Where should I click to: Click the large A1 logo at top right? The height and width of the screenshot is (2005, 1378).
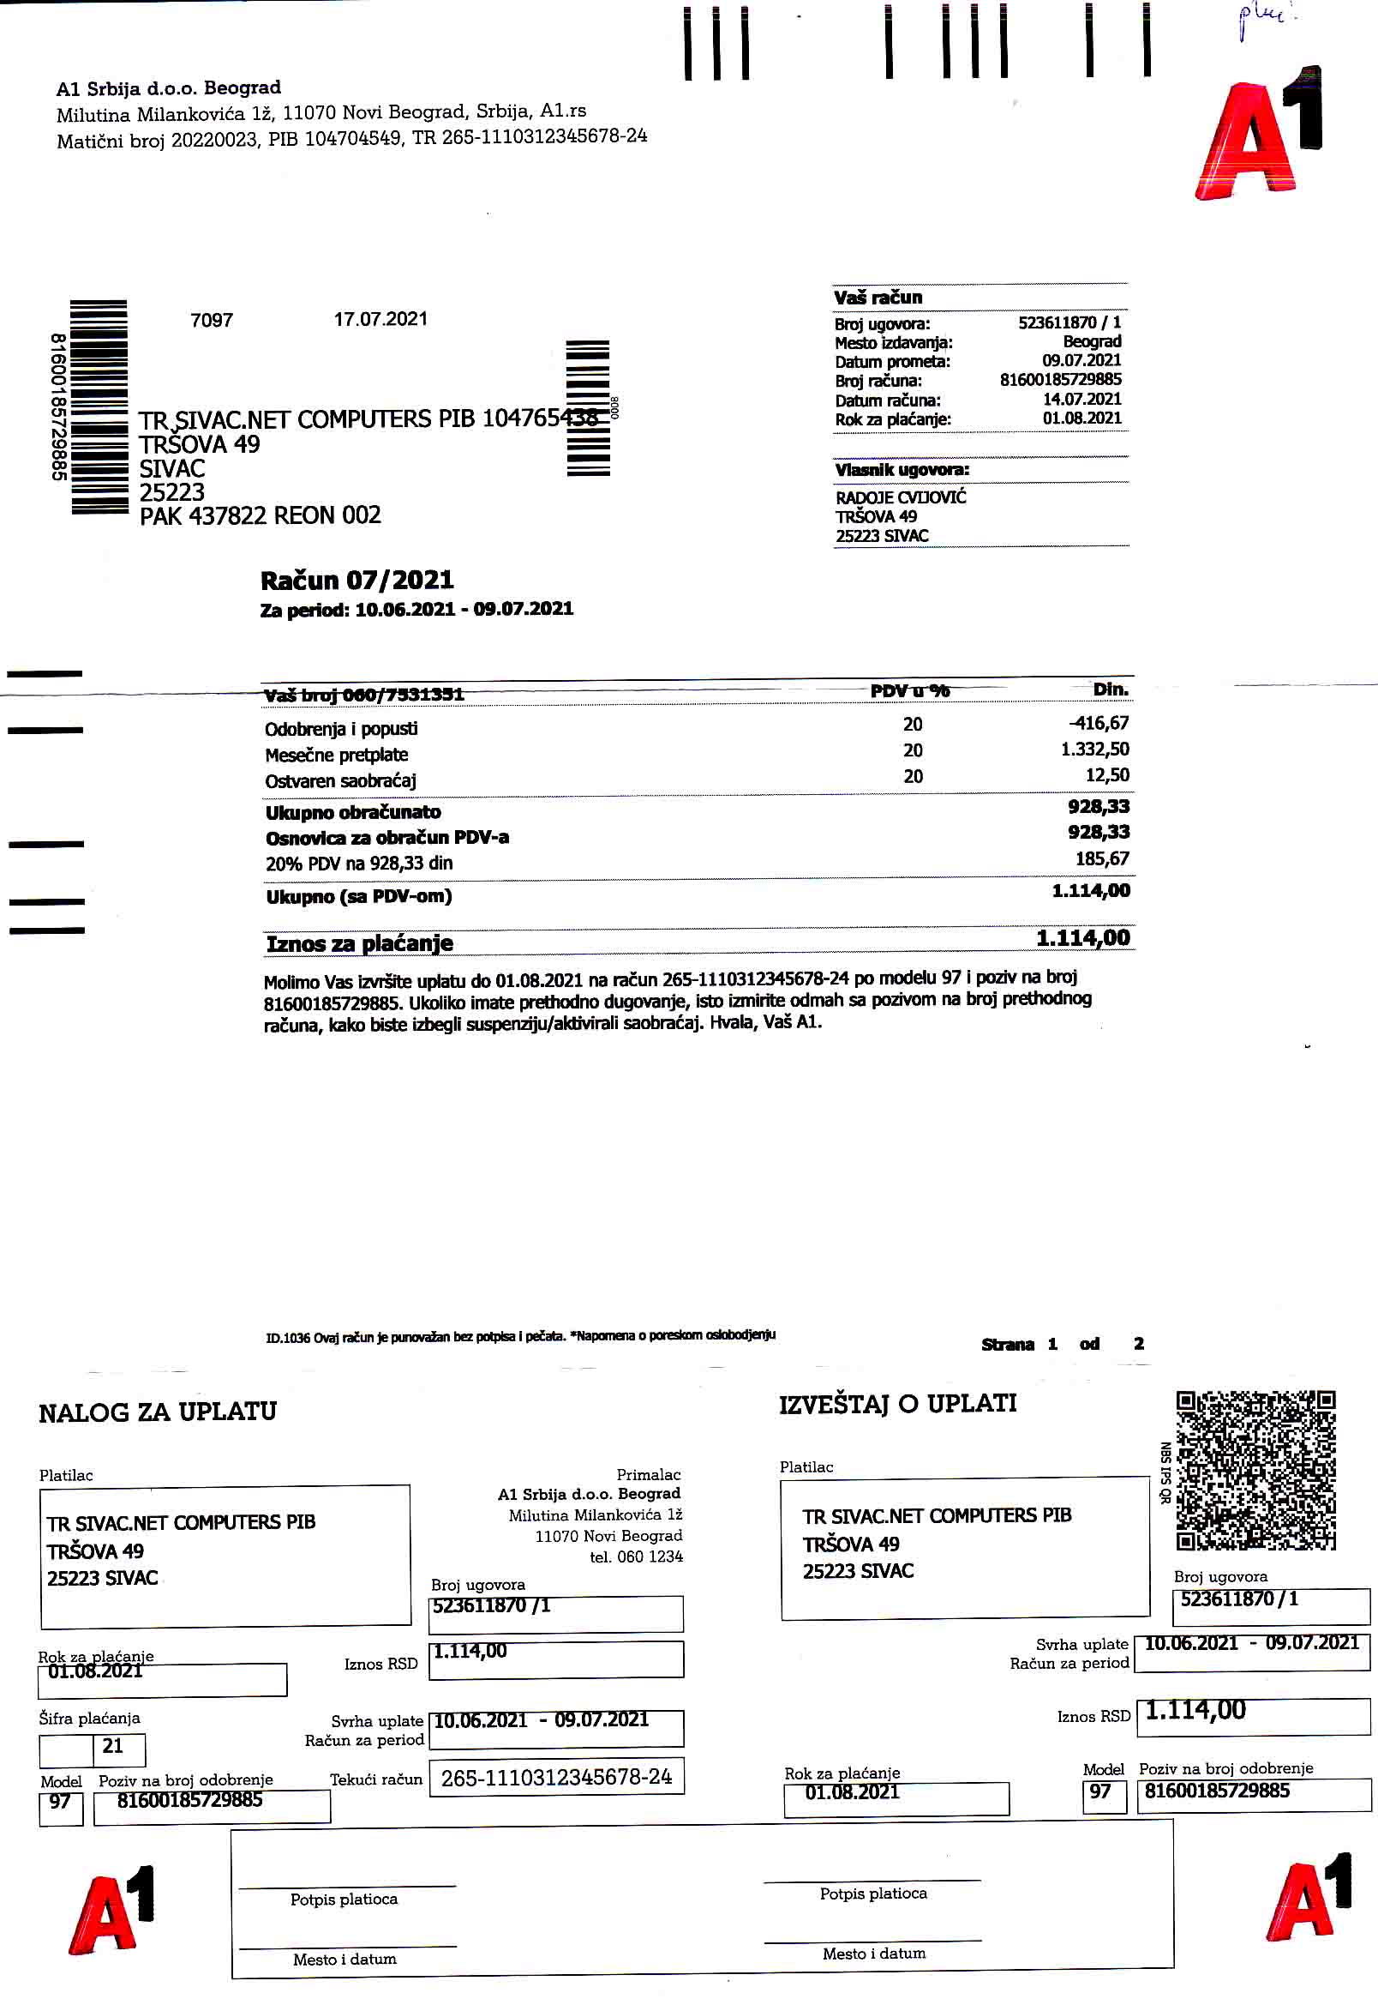tap(1259, 134)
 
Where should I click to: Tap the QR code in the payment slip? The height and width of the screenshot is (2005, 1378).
tap(1255, 1468)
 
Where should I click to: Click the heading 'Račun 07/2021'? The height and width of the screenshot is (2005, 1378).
tap(356, 580)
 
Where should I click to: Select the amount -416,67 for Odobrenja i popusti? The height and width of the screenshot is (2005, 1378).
tap(1099, 723)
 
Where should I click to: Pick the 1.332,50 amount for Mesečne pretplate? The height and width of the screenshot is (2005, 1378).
tap(1095, 749)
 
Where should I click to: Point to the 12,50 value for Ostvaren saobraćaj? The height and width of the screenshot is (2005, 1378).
tap(1107, 775)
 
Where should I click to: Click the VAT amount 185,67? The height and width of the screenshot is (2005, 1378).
tap(1102, 858)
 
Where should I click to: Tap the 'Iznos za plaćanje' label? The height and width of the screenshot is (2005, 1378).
tap(359, 943)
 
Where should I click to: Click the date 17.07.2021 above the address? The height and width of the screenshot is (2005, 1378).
tap(380, 319)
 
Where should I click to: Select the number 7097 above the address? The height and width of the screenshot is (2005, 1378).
tap(212, 321)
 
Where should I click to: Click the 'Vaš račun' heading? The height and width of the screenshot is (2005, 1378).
tap(878, 298)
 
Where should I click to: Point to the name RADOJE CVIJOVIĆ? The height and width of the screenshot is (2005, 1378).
tap(901, 497)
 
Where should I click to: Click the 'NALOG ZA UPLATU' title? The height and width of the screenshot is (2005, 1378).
tap(157, 1412)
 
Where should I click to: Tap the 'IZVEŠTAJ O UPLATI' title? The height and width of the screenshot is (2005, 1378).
tap(897, 1404)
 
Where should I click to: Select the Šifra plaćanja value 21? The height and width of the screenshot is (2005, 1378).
tap(113, 1746)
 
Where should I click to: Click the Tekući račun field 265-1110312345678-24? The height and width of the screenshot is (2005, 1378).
tap(556, 1777)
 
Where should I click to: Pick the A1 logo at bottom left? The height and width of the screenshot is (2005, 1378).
tap(111, 1912)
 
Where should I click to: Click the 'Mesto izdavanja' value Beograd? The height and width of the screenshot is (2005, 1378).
tap(1092, 341)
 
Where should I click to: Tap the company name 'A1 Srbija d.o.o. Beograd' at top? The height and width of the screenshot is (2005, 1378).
tap(168, 88)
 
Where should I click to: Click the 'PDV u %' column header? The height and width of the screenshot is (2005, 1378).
tap(909, 691)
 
